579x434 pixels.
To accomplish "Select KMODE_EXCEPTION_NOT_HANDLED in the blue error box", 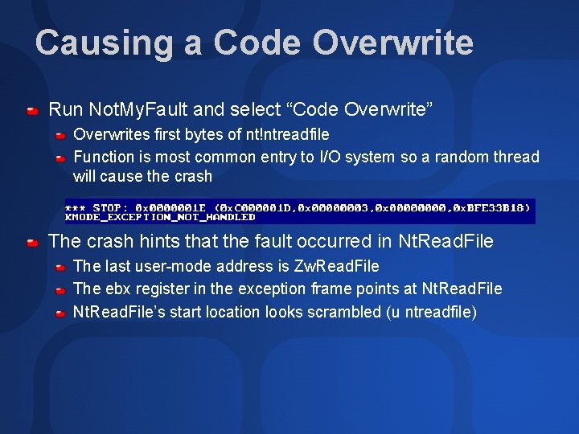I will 160,217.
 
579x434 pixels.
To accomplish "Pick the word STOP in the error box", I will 112,207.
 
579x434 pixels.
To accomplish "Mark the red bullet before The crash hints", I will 32,241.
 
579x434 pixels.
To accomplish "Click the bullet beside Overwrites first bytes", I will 60,135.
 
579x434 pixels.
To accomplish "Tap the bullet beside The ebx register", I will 60,289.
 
